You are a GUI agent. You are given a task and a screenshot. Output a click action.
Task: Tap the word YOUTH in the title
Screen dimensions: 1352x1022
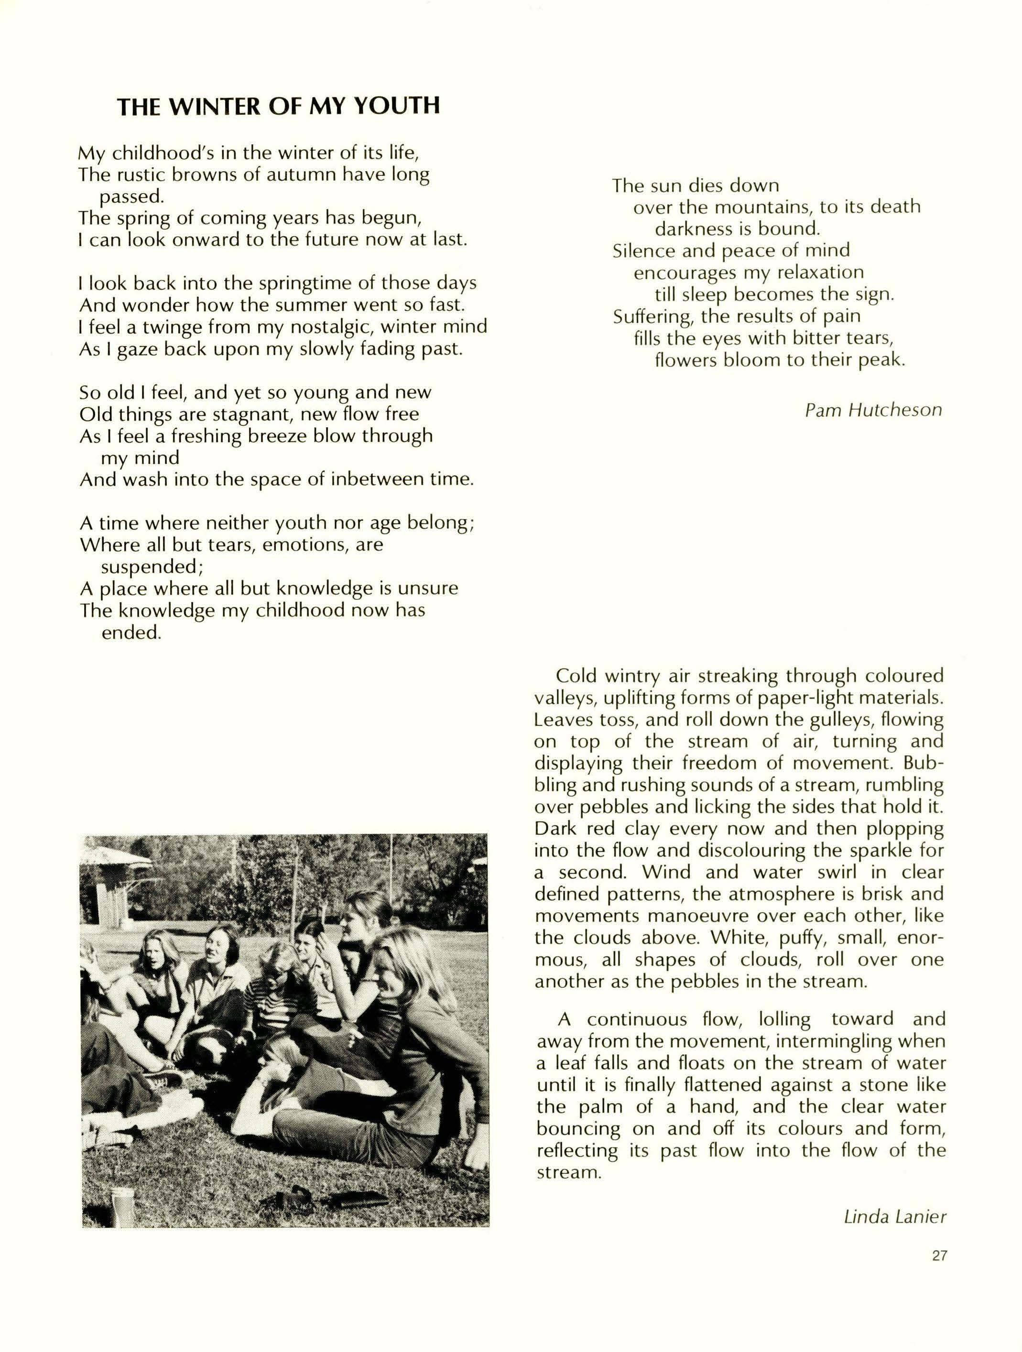[x=397, y=107]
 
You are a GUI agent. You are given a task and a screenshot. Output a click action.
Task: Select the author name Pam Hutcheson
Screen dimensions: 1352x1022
[x=873, y=410]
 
